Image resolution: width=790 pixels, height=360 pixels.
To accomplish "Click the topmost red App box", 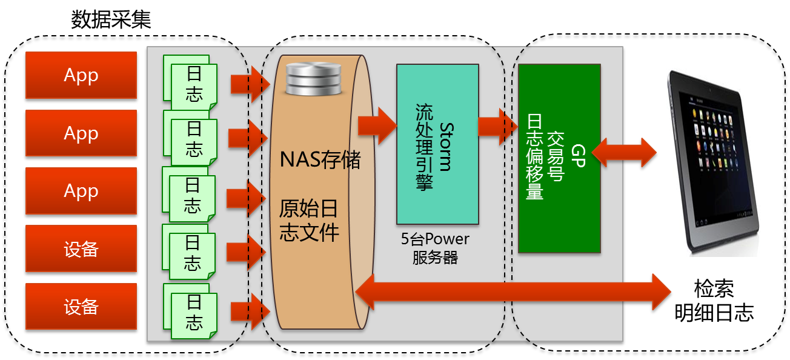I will tap(81, 75).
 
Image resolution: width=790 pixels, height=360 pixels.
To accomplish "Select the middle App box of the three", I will tap(81, 133).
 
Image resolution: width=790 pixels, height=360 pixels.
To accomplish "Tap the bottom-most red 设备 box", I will tap(81, 307).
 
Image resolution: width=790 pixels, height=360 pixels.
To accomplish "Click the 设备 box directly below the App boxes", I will tap(81, 249).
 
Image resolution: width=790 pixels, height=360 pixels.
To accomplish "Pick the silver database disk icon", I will tap(314, 77).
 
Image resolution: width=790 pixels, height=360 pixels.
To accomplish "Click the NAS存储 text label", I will tap(320, 161).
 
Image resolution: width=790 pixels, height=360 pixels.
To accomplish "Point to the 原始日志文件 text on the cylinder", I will tap(308, 221).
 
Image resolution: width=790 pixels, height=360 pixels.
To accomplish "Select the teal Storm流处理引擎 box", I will tap(437, 144).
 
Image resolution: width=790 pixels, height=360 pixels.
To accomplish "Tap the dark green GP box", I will tap(559, 158).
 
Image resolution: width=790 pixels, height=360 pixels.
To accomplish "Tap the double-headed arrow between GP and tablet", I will tap(624, 152).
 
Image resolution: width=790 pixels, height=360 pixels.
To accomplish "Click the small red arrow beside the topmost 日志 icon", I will tap(249, 84).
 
